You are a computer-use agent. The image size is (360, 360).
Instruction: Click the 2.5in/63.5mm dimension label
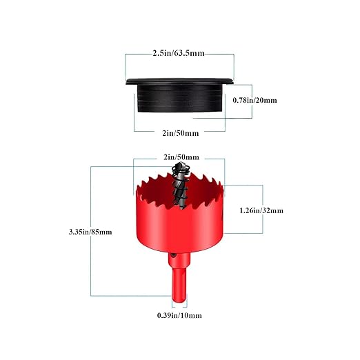[179, 53]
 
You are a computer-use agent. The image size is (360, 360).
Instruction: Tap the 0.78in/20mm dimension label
[254, 100]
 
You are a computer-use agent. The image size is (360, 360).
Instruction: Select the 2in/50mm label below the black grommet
[181, 133]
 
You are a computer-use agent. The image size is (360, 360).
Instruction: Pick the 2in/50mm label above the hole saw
[181, 157]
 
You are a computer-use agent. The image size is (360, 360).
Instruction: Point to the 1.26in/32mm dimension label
[261, 210]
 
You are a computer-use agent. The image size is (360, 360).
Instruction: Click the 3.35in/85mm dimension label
[90, 232]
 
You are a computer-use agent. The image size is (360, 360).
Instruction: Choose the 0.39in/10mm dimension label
[179, 315]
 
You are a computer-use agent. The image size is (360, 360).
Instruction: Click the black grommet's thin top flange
[179, 81]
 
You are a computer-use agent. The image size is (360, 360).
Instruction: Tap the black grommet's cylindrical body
[180, 98]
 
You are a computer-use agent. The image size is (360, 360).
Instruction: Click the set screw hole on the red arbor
[174, 255]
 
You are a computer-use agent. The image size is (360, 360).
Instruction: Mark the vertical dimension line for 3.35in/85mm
[91, 231]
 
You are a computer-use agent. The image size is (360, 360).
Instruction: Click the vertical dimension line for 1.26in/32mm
[263, 209]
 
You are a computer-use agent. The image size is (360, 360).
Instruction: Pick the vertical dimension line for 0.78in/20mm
[252, 101]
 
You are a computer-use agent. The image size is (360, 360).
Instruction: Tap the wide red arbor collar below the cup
[179, 259]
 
